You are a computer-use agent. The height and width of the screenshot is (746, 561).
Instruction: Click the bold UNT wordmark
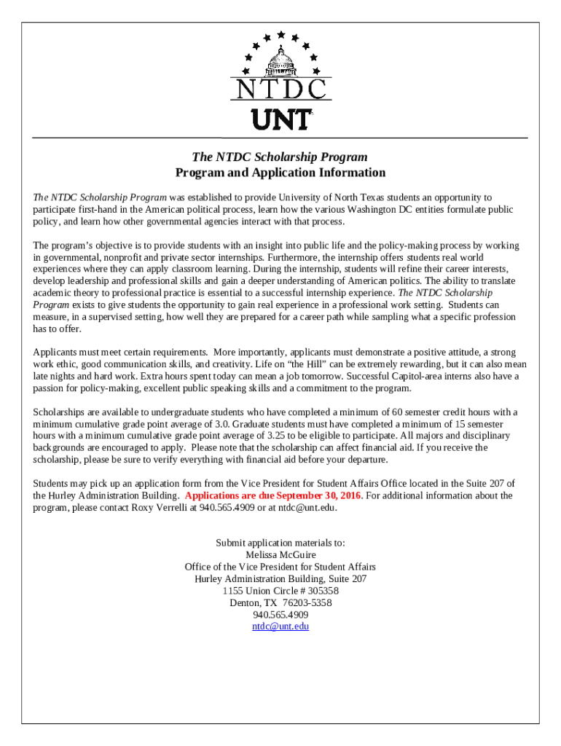click(280, 119)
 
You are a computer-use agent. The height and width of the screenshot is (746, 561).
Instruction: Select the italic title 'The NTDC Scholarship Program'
click(280, 157)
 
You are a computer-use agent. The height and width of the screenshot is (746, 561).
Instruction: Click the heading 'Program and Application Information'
click(280, 173)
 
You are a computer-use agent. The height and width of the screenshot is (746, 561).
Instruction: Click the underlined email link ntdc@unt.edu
click(280, 626)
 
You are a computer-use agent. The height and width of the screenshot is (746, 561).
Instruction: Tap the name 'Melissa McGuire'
click(280, 555)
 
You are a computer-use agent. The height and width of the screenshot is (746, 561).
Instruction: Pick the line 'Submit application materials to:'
click(280, 543)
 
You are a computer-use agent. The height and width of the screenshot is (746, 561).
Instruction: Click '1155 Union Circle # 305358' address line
click(280, 591)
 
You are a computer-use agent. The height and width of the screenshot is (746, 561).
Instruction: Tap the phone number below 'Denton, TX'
click(280, 614)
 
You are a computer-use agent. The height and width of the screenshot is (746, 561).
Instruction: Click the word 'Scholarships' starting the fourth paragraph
click(59, 412)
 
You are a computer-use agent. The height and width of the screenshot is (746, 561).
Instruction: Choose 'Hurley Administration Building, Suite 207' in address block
click(280, 578)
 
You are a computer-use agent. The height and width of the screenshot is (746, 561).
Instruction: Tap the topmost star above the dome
click(281, 34)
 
